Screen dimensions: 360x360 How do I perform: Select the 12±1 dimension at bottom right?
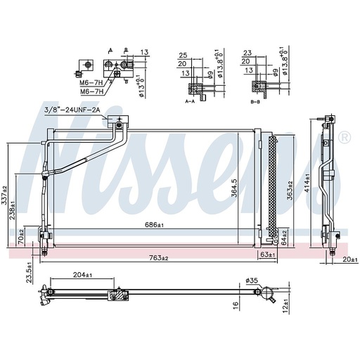(x=285, y=307)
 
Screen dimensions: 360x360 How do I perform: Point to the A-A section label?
(x=189, y=101)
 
